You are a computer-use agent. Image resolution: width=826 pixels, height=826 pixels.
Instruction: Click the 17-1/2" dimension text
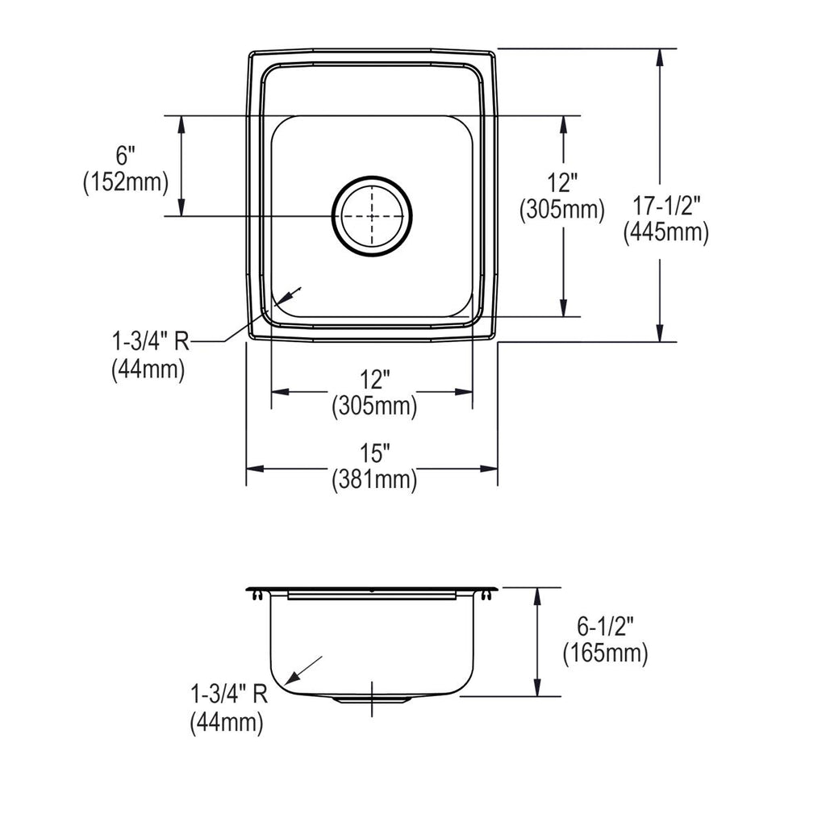coord(666,206)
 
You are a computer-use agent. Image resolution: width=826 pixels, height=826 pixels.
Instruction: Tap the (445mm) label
coord(666,232)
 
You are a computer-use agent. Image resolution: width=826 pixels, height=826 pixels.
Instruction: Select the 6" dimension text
coord(125,156)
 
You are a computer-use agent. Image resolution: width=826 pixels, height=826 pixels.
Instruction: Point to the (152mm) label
coord(126,182)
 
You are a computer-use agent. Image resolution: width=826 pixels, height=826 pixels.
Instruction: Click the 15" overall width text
coord(374,453)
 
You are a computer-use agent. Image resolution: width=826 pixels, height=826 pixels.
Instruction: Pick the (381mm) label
coord(374,480)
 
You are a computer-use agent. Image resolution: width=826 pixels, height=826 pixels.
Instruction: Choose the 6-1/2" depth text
coord(605,626)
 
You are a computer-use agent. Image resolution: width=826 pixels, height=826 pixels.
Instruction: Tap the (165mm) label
coord(605,653)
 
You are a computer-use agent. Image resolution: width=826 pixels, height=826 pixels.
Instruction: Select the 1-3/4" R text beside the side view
coord(228,695)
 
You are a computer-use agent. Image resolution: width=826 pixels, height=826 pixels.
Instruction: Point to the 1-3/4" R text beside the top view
coord(150,341)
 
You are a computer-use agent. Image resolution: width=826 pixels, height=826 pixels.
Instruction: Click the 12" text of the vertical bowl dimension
coord(562,183)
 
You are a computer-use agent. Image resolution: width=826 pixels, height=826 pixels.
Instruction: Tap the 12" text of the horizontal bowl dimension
coord(374,379)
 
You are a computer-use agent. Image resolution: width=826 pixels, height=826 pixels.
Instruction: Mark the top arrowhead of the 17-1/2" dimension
coord(660,57)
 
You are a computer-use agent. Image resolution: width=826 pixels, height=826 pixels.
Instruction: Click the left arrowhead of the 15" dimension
coord(255,469)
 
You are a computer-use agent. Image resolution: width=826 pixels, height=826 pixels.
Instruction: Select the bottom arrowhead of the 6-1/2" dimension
coord(536,687)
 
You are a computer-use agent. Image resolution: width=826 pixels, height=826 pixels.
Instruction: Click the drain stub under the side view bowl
coord(372,699)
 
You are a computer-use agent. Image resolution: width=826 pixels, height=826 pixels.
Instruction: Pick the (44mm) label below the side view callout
coord(227,722)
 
